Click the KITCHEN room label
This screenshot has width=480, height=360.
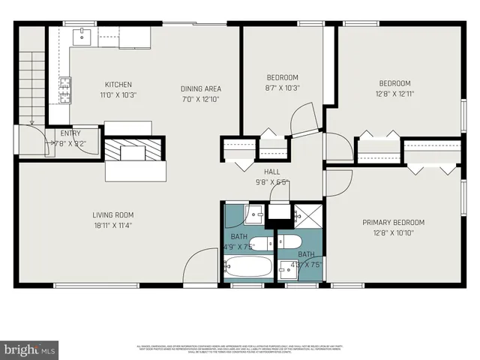[118, 84]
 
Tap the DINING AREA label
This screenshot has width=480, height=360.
[201, 88]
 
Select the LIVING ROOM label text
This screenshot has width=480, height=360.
[113, 215]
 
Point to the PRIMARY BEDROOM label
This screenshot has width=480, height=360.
[393, 222]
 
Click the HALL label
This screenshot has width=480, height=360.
[271, 172]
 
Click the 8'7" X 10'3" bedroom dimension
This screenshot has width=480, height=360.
[283, 88]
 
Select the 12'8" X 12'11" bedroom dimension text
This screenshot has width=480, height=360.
[394, 94]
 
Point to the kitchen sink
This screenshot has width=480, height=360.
[80, 36]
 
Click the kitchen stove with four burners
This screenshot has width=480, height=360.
[65, 90]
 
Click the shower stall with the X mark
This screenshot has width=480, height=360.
[306, 216]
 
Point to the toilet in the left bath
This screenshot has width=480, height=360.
[260, 243]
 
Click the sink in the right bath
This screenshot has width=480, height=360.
[288, 268]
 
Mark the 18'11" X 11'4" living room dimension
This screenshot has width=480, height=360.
[113, 224]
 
